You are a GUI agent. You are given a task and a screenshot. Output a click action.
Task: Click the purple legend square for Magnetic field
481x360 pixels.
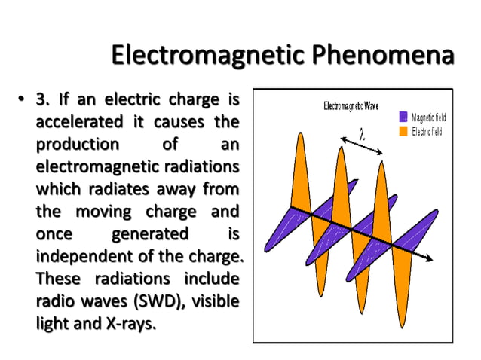(403, 117)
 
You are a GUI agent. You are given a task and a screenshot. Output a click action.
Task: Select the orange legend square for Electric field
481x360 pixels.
(403, 131)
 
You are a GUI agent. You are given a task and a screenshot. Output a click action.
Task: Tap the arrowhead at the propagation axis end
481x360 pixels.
(430, 259)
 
